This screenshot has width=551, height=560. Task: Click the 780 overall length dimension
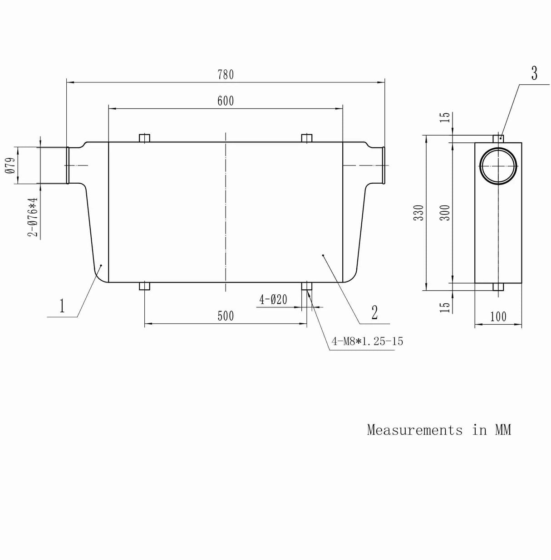click(226, 75)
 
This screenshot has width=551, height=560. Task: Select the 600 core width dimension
click(226, 101)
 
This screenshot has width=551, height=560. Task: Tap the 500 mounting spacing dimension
click(226, 316)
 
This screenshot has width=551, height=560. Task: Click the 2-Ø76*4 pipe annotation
click(32, 217)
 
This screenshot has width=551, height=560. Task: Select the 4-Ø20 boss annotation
click(273, 300)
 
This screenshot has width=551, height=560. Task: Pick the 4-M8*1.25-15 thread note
click(367, 341)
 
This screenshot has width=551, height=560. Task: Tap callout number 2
click(374, 312)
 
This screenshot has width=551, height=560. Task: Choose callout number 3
click(534, 73)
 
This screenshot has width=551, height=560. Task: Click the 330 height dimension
click(420, 213)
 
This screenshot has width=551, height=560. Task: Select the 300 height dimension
click(446, 213)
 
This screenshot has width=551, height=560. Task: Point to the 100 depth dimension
click(498, 317)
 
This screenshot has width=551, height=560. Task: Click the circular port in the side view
click(498, 166)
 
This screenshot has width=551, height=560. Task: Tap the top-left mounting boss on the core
click(144, 138)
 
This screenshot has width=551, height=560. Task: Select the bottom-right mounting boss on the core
click(307, 286)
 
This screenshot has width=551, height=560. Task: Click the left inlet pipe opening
click(67, 166)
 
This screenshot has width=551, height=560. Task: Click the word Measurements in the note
click(414, 430)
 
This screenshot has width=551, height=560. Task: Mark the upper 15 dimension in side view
click(446, 117)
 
